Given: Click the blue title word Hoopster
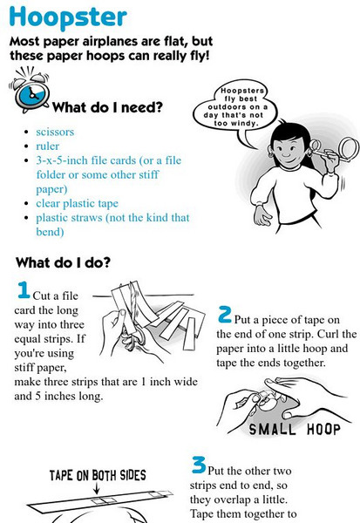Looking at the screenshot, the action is [68, 17].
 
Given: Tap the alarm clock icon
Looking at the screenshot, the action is [29, 90].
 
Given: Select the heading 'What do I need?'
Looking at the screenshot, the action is [107, 107].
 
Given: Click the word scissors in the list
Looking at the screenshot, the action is [55, 132].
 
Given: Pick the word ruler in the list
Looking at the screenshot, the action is [48, 146].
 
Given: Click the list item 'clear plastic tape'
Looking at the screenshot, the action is [77, 203].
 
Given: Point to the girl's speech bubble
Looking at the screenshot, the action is [235, 110].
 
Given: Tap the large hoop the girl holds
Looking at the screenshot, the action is [348, 147].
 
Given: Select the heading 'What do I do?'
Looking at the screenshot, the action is [63, 262].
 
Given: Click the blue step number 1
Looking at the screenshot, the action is [24, 289].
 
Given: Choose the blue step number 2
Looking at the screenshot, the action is [225, 314].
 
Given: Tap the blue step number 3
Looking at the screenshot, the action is [199, 465].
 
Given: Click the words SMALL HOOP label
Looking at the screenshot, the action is [295, 429].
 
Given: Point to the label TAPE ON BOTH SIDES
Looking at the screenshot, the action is [98, 475].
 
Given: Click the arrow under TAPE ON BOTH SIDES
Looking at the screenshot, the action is [97, 488].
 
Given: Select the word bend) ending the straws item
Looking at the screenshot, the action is [50, 232].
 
